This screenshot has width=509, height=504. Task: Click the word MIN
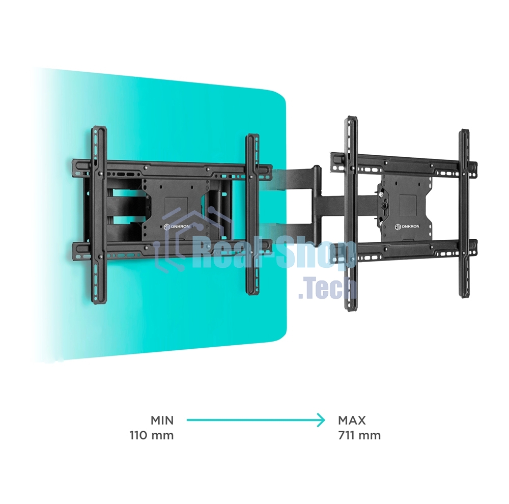click(162, 421)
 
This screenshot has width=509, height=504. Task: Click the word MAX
click(352, 421)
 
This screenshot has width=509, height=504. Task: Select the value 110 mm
click(152, 435)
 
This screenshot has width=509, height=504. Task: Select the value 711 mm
click(359, 435)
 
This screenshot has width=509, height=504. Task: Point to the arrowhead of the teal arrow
click(321, 420)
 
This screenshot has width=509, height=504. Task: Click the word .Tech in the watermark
click(327, 289)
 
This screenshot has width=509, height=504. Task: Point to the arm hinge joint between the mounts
click(317, 204)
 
